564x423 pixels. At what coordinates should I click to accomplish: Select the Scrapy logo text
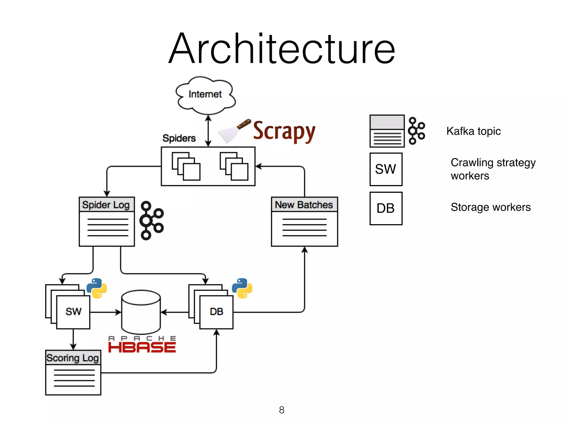(x=284, y=131)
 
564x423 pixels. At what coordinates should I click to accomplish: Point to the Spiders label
(x=179, y=138)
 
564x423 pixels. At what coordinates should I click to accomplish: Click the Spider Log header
(x=106, y=205)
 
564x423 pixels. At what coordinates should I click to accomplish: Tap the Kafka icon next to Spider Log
(x=151, y=220)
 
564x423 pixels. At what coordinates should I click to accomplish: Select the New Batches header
(x=304, y=205)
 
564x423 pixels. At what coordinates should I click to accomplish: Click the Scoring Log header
(x=73, y=358)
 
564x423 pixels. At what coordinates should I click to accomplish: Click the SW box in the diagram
(x=73, y=312)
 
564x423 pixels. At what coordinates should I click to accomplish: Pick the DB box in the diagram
(x=216, y=312)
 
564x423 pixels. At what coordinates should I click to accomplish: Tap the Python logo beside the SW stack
(x=97, y=288)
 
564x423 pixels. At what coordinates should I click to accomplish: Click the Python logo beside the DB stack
(x=242, y=288)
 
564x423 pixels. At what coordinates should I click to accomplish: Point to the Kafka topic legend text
(x=473, y=131)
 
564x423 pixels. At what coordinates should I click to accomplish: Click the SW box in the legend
(x=386, y=169)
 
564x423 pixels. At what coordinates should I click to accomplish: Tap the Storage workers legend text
(x=490, y=207)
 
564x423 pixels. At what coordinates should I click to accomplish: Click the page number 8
(x=281, y=410)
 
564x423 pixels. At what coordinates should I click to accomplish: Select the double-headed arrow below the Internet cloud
(x=208, y=131)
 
